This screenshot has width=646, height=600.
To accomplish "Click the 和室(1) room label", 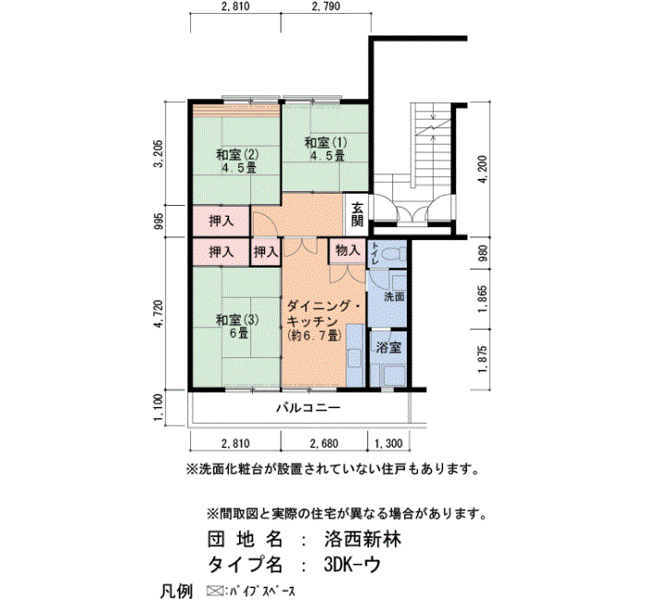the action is [326, 143].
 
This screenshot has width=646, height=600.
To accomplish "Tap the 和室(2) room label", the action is [237, 155].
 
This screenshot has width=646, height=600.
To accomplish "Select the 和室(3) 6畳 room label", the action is [237, 327].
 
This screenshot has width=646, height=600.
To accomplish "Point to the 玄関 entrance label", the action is [357, 215].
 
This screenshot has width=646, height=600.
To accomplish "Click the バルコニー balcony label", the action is [308, 408].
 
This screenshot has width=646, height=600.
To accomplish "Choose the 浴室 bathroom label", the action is [389, 347].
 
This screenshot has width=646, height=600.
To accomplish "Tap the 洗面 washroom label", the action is [394, 296].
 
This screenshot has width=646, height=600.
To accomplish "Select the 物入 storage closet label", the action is [348, 250].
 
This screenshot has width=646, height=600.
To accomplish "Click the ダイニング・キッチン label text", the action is [324, 314].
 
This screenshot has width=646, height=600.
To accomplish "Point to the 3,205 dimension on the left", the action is [158, 153].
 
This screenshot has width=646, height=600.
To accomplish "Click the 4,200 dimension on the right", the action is [483, 169].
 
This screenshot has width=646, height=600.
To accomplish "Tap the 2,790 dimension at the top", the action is [327, 6].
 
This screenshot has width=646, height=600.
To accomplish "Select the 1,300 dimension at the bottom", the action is [389, 443].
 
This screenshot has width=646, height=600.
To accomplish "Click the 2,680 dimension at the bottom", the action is [324, 443].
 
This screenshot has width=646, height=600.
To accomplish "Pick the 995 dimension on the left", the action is [158, 221].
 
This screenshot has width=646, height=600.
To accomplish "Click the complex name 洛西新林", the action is [363, 539].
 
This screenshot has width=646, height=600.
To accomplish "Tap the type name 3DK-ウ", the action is [352, 565].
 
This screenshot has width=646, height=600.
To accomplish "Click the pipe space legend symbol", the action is [214, 592].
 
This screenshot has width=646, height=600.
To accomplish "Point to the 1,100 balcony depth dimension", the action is [158, 408].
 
